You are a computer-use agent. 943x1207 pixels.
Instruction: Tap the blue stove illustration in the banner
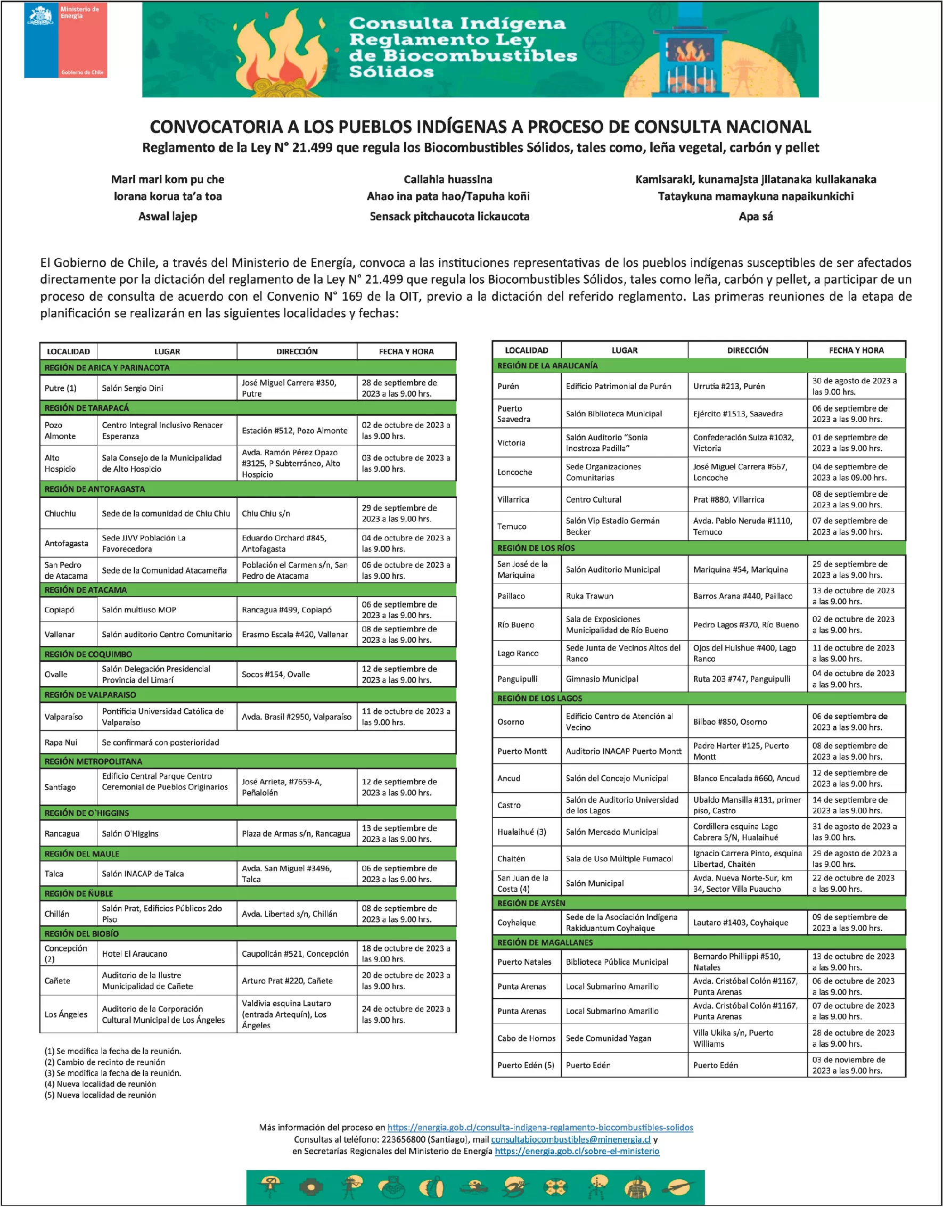688,61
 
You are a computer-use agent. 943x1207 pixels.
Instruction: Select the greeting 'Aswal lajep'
168,217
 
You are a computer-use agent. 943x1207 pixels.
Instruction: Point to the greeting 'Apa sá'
755,217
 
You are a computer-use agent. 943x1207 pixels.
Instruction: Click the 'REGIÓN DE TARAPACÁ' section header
87,408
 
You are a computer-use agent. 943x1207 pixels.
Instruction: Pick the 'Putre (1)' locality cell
61,388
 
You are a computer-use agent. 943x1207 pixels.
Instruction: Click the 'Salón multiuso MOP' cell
139,610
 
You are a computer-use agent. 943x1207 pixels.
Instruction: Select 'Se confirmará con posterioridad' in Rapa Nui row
160,742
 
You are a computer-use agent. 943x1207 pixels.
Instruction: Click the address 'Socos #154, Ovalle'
276,674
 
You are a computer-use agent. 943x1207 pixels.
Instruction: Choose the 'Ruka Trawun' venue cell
589,596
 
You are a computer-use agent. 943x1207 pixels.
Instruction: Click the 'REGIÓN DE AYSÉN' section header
531,903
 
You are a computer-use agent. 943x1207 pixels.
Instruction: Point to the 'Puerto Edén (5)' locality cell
525,1065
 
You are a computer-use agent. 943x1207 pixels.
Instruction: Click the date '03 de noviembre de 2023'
848,1060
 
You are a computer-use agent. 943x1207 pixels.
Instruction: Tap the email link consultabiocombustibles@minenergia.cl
570,1139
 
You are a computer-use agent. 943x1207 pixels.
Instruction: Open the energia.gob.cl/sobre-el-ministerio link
577,1151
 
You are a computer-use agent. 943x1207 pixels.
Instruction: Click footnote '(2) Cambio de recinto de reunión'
105,1062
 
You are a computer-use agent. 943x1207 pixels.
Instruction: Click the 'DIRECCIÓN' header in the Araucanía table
748,350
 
